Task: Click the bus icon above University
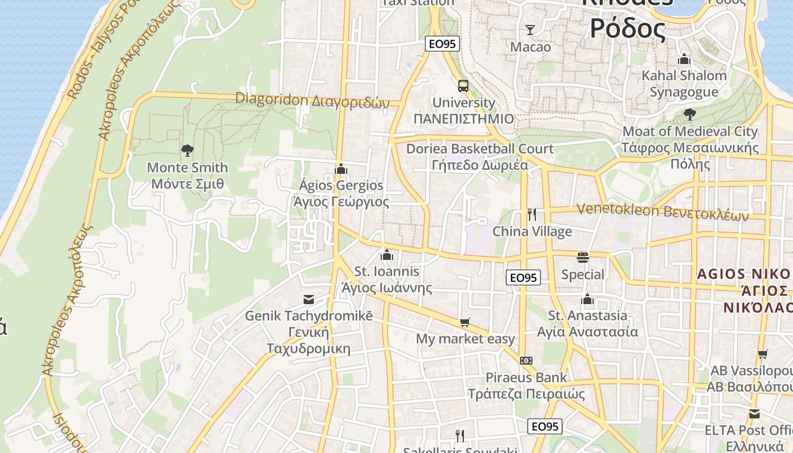coord(463,86)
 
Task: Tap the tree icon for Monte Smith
coord(187,151)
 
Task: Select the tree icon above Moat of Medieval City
coord(689,114)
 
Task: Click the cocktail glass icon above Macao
coord(530,30)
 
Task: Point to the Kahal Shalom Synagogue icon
coord(684,59)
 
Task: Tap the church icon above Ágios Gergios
coord(341,169)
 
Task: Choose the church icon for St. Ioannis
coord(387,255)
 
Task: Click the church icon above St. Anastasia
coord(587,298)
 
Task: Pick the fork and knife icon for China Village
coord(531,215)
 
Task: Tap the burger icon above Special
coord(583,258)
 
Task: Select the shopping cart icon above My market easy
coord(465,323)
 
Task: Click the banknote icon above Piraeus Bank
coord(526,361)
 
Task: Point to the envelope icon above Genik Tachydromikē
coord(309,299)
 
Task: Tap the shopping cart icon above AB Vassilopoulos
coord(762,354)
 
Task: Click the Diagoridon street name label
coord(313,100)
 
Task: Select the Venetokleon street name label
coord(662,212)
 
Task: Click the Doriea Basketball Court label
coord(480,149)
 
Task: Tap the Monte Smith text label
coord(187,168)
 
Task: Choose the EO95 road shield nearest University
coord(441,44)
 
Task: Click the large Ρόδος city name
coord(628,28)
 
